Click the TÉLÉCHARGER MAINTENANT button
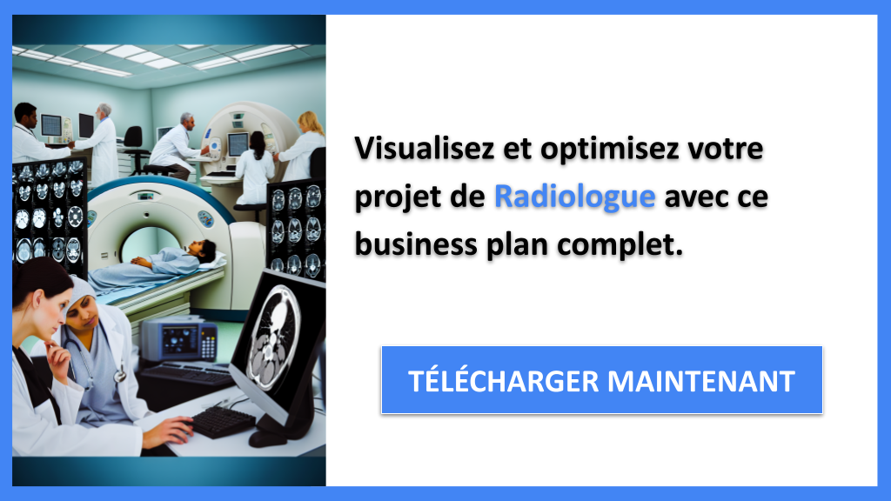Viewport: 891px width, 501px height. coord(601,380)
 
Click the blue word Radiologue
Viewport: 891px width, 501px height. coord(574,197)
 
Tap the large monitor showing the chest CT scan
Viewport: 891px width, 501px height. coord(278,335)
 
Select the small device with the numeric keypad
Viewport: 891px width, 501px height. coord(178,340)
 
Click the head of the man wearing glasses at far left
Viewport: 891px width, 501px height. coord(26,116)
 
